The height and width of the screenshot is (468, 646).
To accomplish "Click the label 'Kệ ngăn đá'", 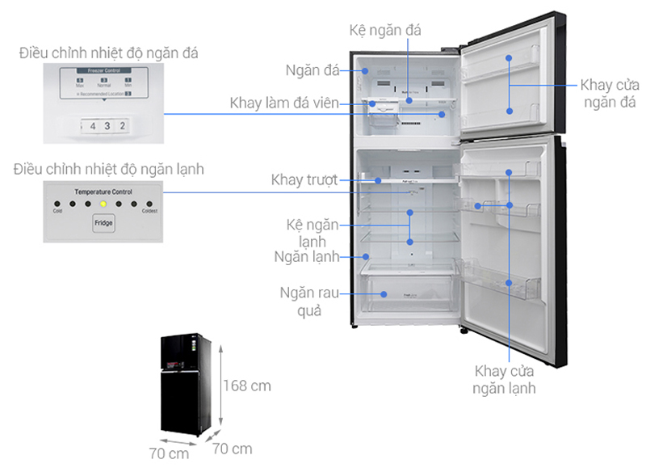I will pos(386,30).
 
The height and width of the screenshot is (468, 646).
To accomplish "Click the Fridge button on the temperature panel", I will pos(103,221).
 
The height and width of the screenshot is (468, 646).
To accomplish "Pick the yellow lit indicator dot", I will pos(103,204).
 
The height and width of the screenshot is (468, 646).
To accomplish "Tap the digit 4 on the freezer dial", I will pos(93,126).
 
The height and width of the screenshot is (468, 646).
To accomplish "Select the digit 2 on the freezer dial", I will pos(122,126).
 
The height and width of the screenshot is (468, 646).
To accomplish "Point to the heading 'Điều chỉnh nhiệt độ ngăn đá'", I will pos(109,53).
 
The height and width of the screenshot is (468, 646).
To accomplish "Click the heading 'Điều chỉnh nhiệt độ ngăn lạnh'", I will pos(109,170).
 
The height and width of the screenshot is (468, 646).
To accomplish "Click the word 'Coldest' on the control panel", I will pos(149,212).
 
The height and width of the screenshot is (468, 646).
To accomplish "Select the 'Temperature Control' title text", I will pos(103,192).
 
